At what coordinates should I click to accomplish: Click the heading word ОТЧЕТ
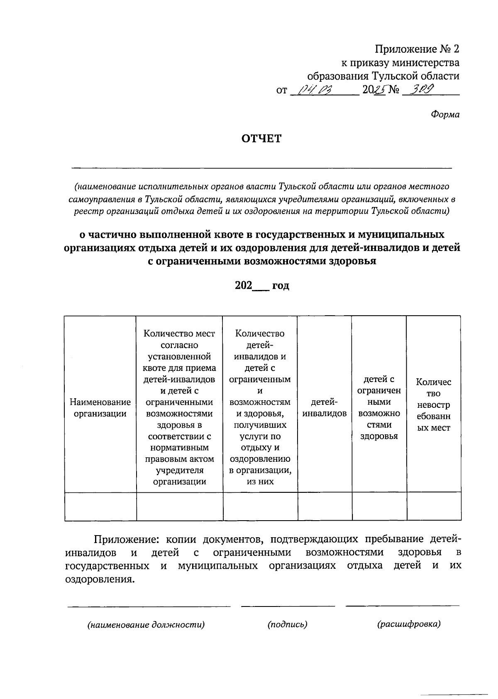[x=261, y=139]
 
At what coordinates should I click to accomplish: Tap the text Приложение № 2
[x=417, y=49]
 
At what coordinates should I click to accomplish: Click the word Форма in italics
[x=444, y=114]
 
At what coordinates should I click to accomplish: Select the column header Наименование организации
[x=100, y=407]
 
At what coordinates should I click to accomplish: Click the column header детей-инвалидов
[x=325, y=407]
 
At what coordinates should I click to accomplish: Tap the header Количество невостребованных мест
[x=434, y=404]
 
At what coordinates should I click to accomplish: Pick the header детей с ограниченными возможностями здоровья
[x=379, y=407]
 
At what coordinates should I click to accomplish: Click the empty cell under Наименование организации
[x=100, y=506]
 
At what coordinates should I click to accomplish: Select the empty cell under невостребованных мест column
[x=434, y=506]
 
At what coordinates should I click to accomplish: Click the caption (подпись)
[x=287, y=624]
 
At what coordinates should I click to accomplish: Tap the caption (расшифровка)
[x=409, y=624]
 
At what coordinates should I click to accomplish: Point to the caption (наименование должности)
[x=146, y=625]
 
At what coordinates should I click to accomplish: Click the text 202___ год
[x=262, y=286]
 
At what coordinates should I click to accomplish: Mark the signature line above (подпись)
[x=288, y=606]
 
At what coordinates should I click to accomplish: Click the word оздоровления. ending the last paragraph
[x=100, y=579]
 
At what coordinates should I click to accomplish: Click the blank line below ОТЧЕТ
[x=261, y=168]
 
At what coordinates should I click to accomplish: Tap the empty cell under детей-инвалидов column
[x=325, y=506]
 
